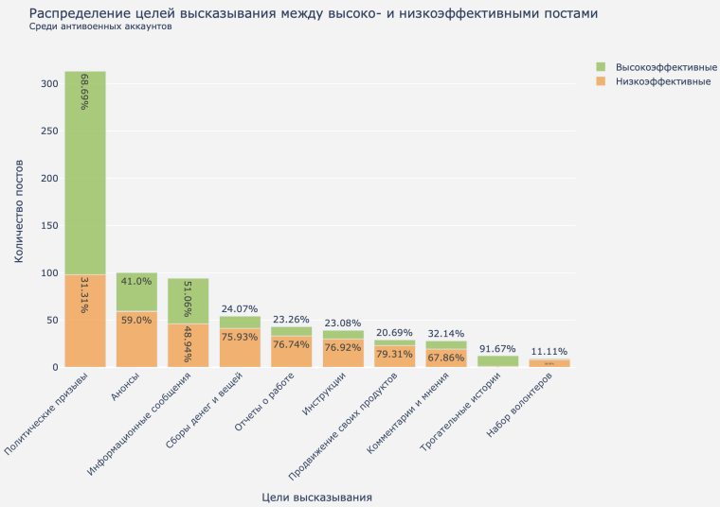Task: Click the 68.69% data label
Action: pyautogui.click(x=85, y=92)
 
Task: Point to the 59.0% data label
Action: pyautogui.click(x=136, y=321)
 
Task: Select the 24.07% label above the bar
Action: pyautogui.click(x=240, y=308)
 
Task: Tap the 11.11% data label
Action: pyautogui.click(x=549, y=350)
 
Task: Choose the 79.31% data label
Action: pyautogui.click(x=394, y=355)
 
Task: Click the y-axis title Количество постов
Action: pyautogui.click(x=19, y=213)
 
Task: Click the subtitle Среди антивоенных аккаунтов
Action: pyautogui.click(x=100, y=26)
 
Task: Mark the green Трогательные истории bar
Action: pyautogui.click(x=497, y=361)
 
